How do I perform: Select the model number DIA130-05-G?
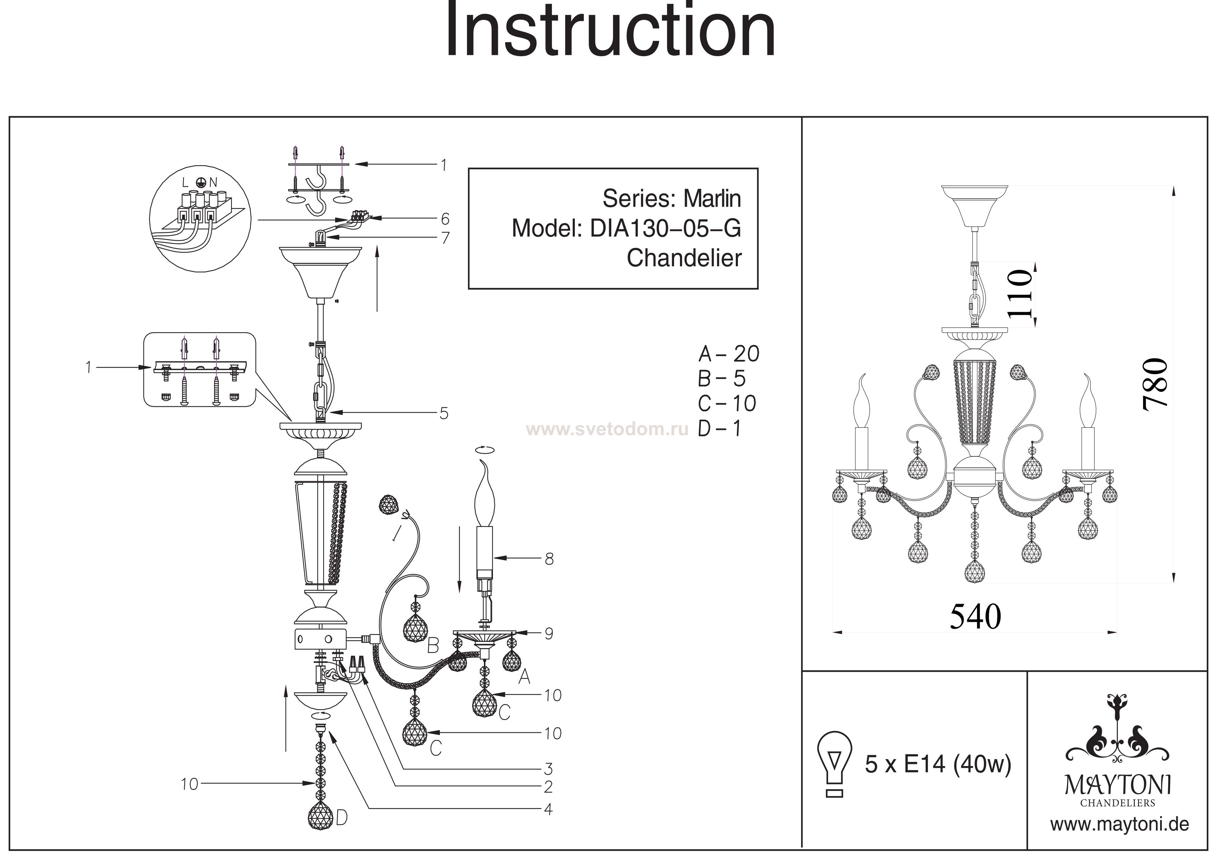(x=665, y=229)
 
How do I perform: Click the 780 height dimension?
(x=1156, y=385)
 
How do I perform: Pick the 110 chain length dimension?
(x=1020, y=294)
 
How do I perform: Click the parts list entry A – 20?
(x=729, y=354)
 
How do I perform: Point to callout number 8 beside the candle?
(x=549, y=559)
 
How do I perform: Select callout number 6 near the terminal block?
(x=445, y=219)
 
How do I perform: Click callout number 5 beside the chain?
(x=444, y=413)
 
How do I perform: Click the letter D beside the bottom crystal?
(x=342, y=819)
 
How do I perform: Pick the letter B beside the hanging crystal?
(x=433, y=645)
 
